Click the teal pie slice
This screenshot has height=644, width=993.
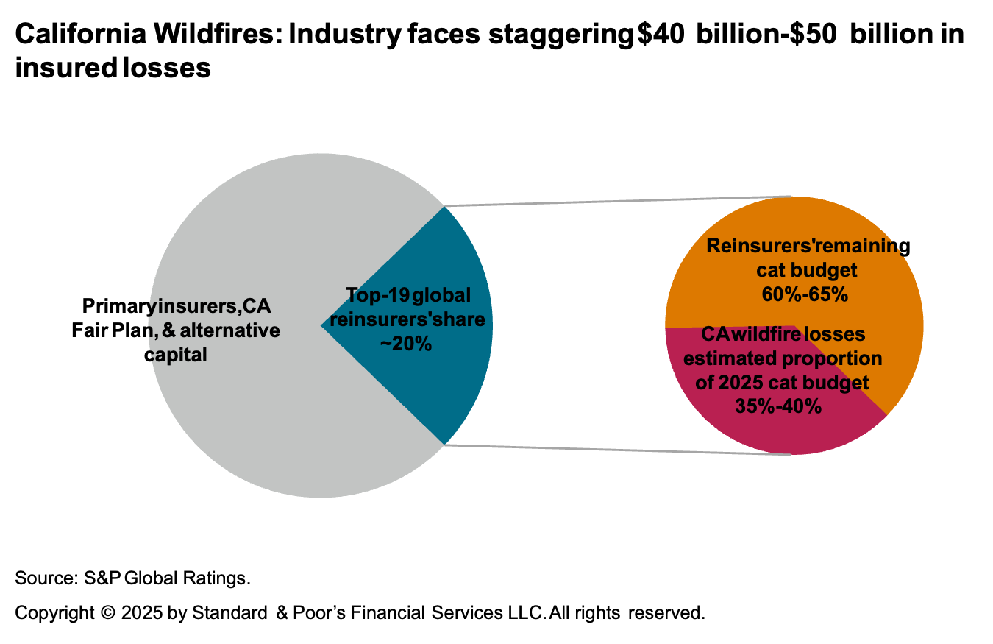449,383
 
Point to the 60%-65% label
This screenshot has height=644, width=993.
807,295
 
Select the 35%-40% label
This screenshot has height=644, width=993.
778,406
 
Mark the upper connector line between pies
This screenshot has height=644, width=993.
618,201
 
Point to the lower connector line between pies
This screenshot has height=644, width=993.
618,450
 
